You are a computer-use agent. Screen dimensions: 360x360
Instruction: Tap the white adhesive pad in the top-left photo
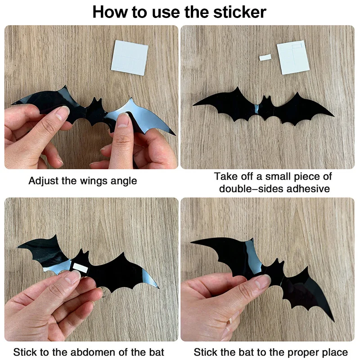pyautogui.click(x=130, y=57)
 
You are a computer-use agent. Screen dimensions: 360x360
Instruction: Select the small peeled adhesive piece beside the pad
pyautogui.click(x=265, y=57)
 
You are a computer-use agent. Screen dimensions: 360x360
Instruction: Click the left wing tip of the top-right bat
pyautogui.click(x=194, y=105)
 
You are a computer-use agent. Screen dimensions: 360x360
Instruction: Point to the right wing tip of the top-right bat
pyautogui.click(x=333, y=116)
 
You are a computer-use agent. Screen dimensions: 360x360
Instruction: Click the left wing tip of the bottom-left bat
pyautogui.click(x=19, y=247)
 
